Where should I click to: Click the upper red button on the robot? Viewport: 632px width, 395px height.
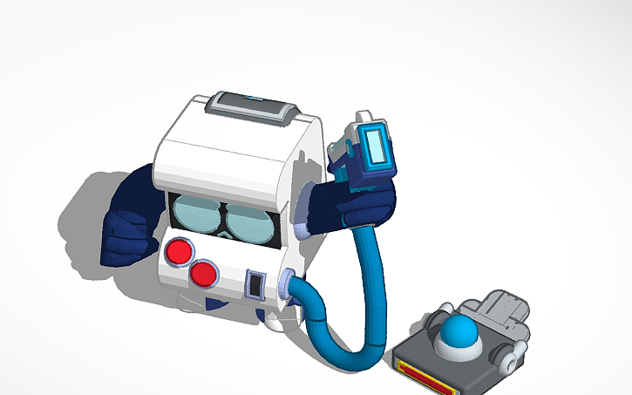179,252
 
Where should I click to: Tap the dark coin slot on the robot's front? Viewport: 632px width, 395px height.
255,284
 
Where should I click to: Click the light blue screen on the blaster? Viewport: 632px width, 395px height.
377,146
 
